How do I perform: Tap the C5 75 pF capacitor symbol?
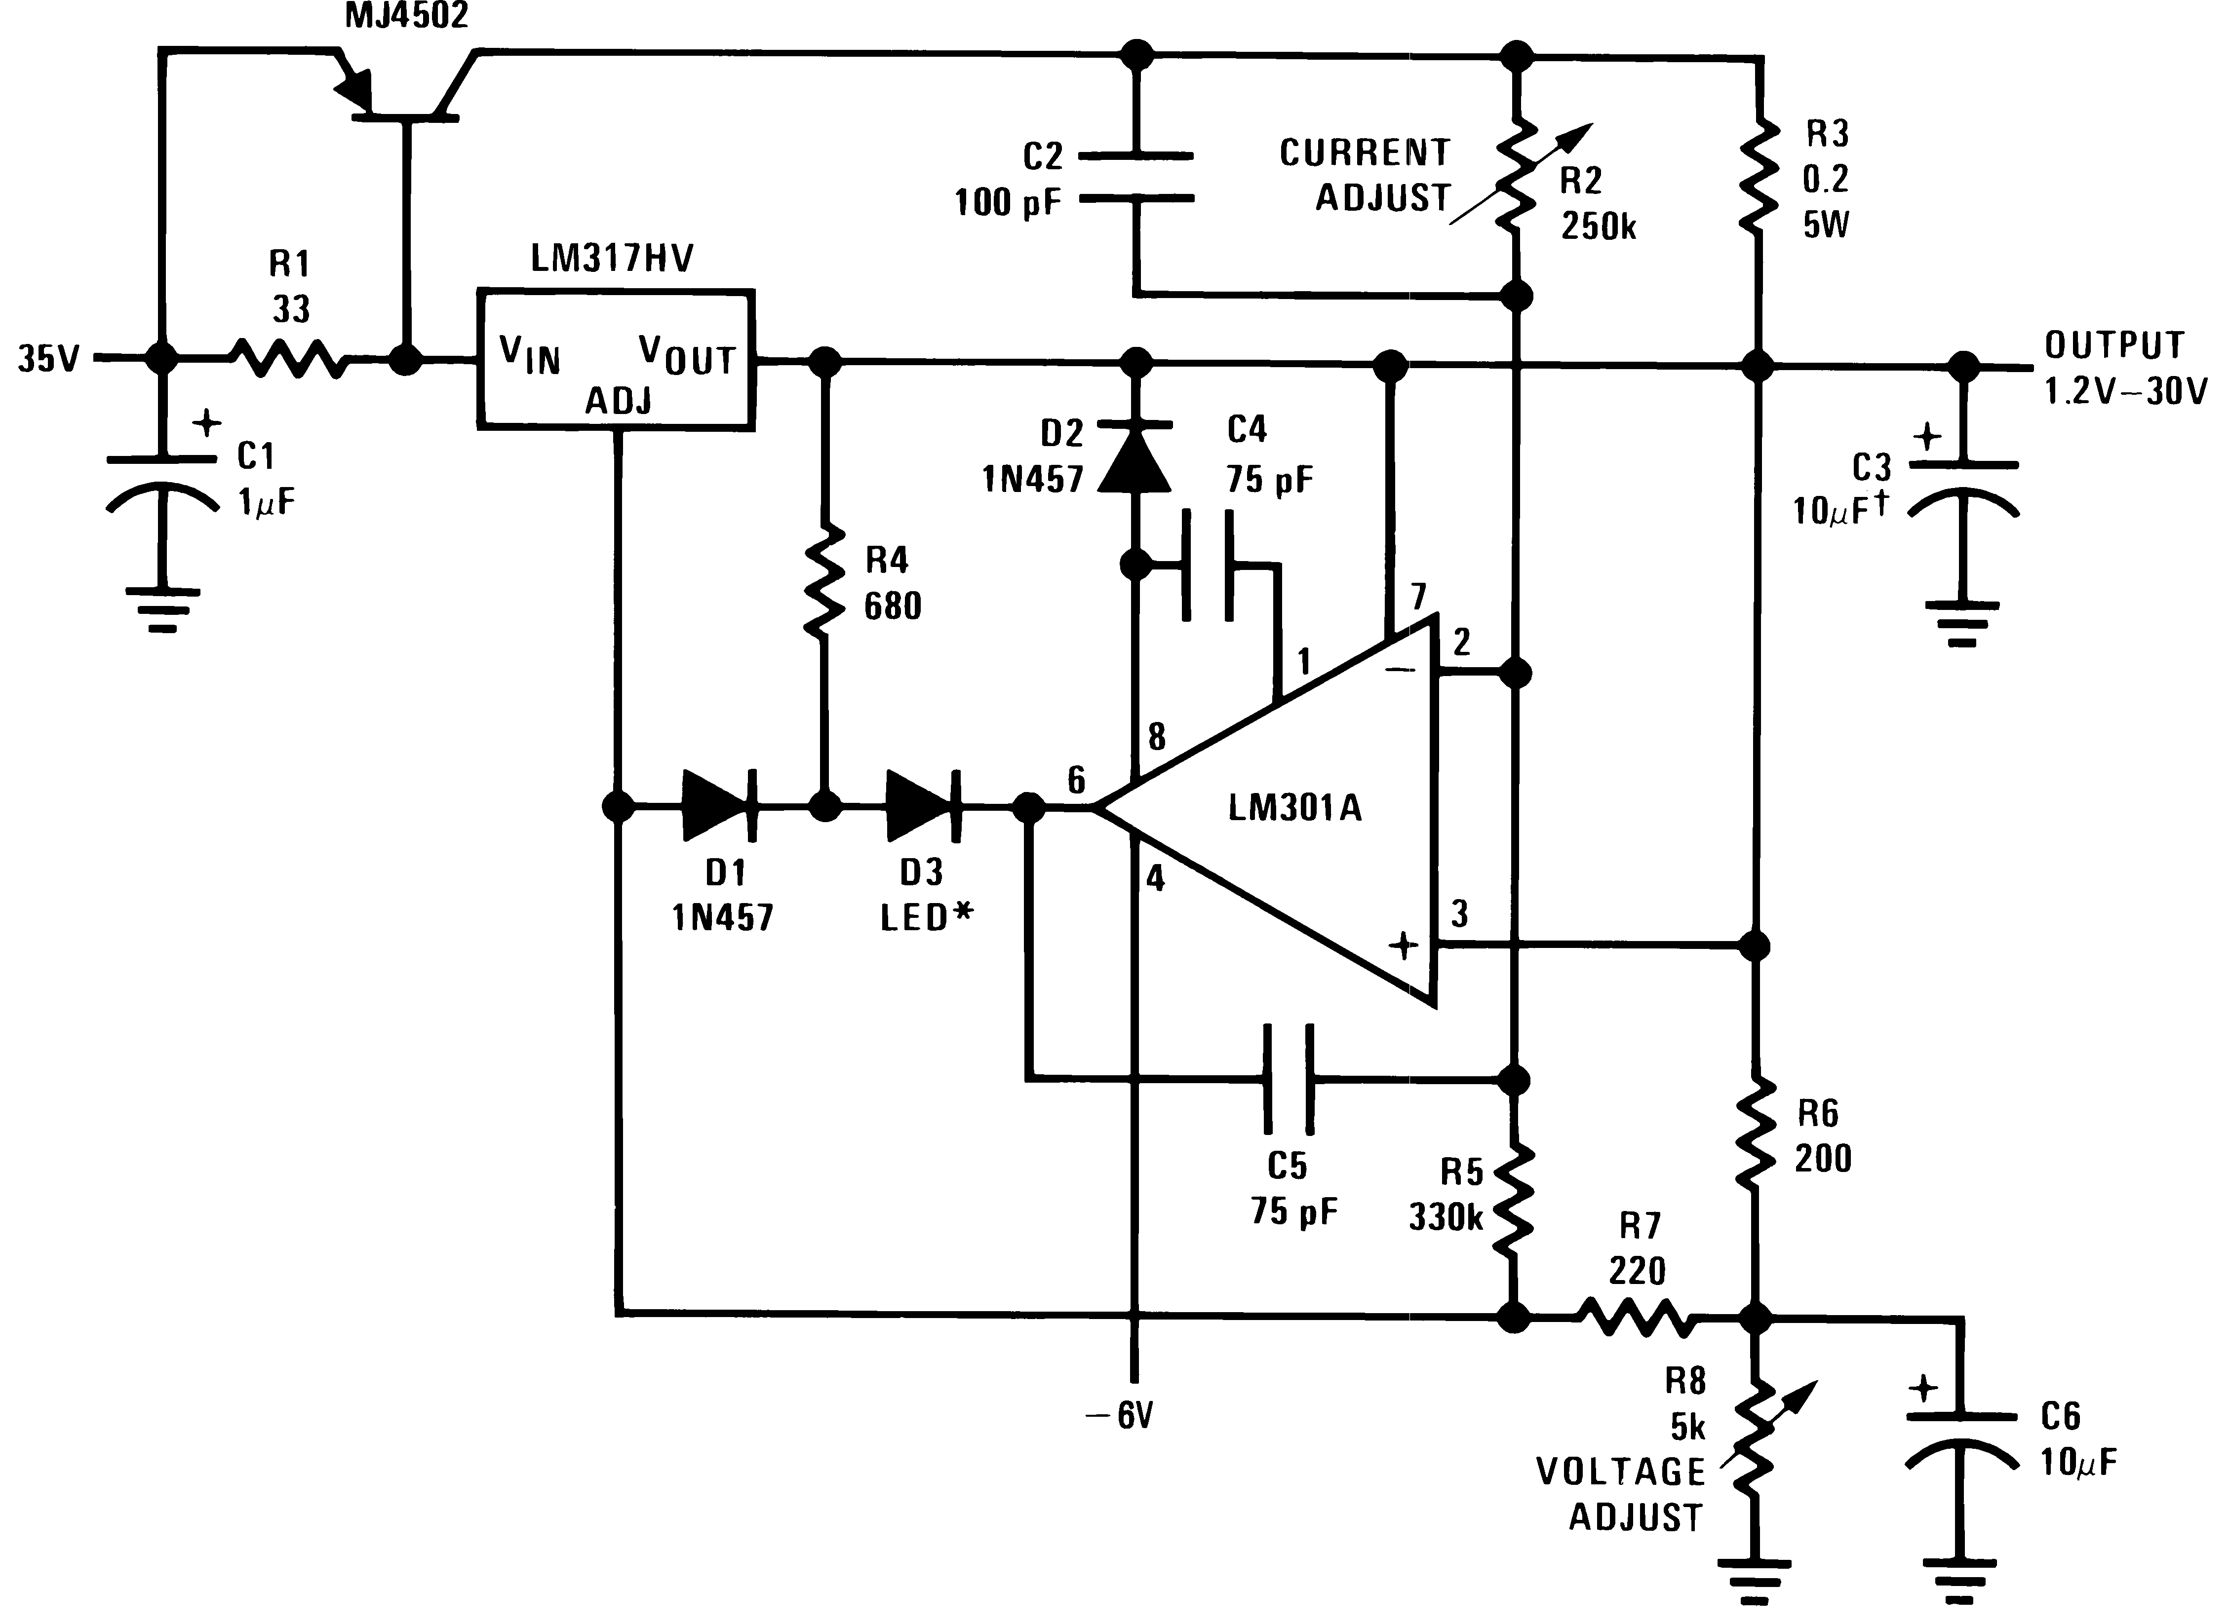point(1288,1079)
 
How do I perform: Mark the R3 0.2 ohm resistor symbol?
point(1756,177)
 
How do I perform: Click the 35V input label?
point(48,359)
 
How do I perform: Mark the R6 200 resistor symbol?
point(1756,1133)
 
